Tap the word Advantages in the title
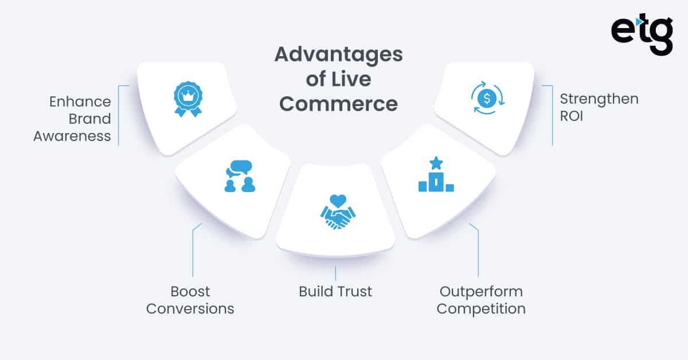click(338, 55)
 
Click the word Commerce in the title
click(338, 104)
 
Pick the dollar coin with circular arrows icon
click(487, 98)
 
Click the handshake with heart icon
click(337, 213)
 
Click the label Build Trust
click(335, 291)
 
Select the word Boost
click(190, 291)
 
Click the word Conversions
click(190, 308)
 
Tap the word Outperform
click(480, 291)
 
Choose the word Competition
click(481, 308)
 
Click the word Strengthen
click(599, 99)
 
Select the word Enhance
click(80, 102)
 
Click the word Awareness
click(72, 136)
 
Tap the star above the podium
click(436, 163)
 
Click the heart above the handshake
click(338, 201)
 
